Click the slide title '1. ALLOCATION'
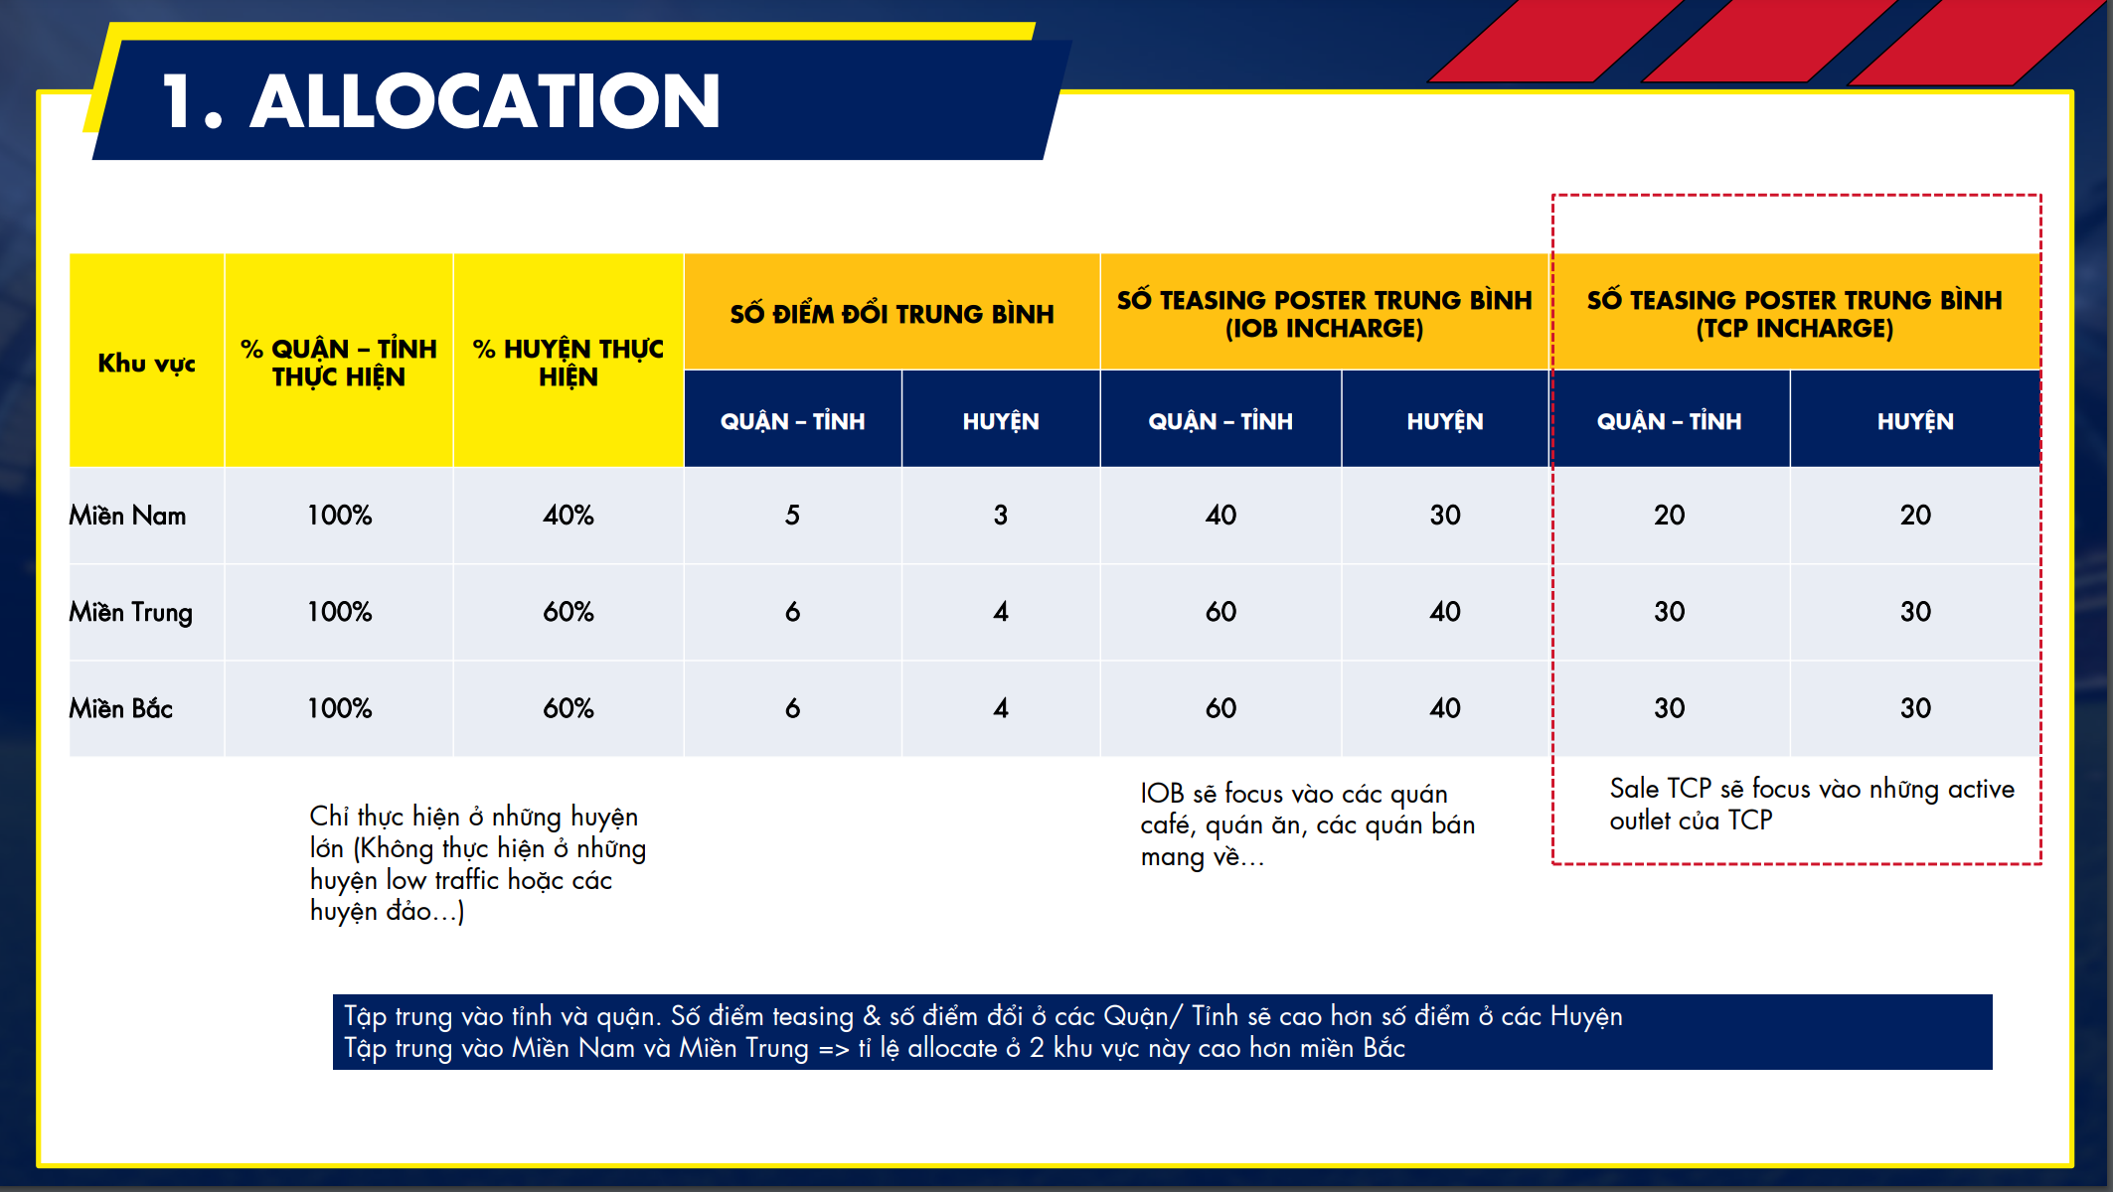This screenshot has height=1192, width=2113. pyautogui.click(x=440, y=101)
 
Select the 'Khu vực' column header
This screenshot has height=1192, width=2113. pyautogui.click(x=146, y=364)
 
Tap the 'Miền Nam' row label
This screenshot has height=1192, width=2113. pyautogui.click(x=127, y=516)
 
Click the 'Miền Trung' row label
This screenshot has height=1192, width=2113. pyautogui.click(x=130, y=612)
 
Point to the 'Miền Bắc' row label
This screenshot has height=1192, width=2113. pyautogui.click(x=120, y=708)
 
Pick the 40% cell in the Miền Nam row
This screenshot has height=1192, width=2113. pyautogui.click(x=569, y=516)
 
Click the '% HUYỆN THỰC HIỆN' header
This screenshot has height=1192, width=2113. pyautogui.click(x=569, y=363)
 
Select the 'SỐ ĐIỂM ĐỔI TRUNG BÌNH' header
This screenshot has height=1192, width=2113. pyautogui.click(x=892, y=314)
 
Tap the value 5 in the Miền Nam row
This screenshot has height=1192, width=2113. pyautogui.click(x=792, y=516)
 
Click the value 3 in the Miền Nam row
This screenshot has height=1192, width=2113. pyautogui.click(x=1001, y=516)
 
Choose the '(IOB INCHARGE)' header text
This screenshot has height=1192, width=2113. pyautogui.click(x=1324, y=329)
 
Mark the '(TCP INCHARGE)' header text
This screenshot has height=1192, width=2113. pyautogui.click(x=1795, y=329)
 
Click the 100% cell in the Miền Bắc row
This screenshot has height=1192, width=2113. pyautogui.click(x=339, y=708)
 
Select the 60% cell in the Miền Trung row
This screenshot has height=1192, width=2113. pyautogui.click(x=569, y=612)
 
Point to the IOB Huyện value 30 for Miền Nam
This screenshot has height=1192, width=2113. pyautogui.click(x=1445, y=516)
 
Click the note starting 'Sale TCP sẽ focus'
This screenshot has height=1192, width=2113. pyautogui.click(x=1812, y=805)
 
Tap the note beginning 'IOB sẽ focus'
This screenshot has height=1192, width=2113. pyautogui.click(x=1308, y=825)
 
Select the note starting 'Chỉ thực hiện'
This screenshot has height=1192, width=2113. pyautogui.click(x=478, y=864)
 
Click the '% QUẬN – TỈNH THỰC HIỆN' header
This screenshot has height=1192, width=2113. pyautogui.click(x=339, y=363)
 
